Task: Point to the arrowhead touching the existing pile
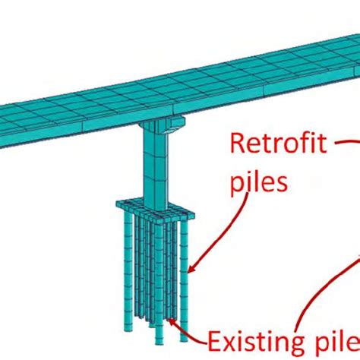coord(172,324)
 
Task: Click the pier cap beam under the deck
coord(159,125)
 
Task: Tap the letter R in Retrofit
coord(237,144)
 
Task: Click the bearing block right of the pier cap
coord(177,122)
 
